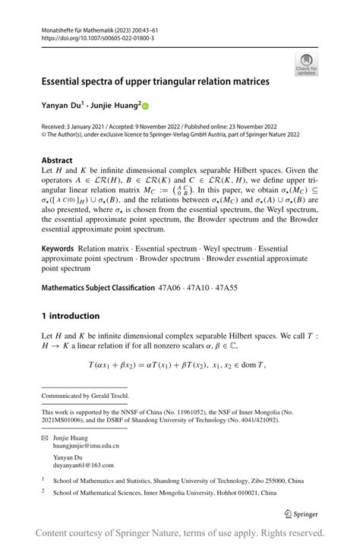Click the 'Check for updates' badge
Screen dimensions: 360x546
[307, 64]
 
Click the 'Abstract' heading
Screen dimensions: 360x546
[57, 160]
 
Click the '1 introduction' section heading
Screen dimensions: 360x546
[71, 315]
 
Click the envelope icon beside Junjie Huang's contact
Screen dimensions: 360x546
[46, 438]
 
